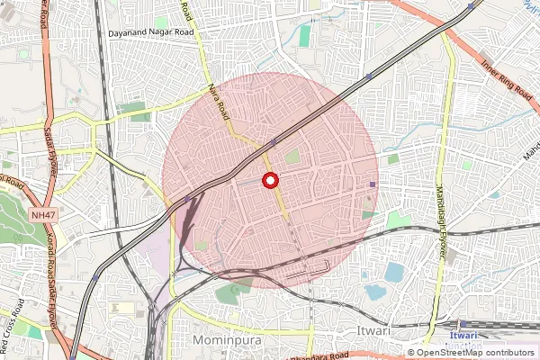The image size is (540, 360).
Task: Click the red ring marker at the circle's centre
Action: [x=269, y=181]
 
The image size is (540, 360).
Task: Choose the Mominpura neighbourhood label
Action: [x=226, y=340]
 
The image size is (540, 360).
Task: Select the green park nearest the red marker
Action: [x=292, y=157]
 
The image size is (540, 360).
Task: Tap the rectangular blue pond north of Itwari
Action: [x=393, y=271]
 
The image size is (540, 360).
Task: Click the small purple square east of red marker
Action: [x=372, y=184]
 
